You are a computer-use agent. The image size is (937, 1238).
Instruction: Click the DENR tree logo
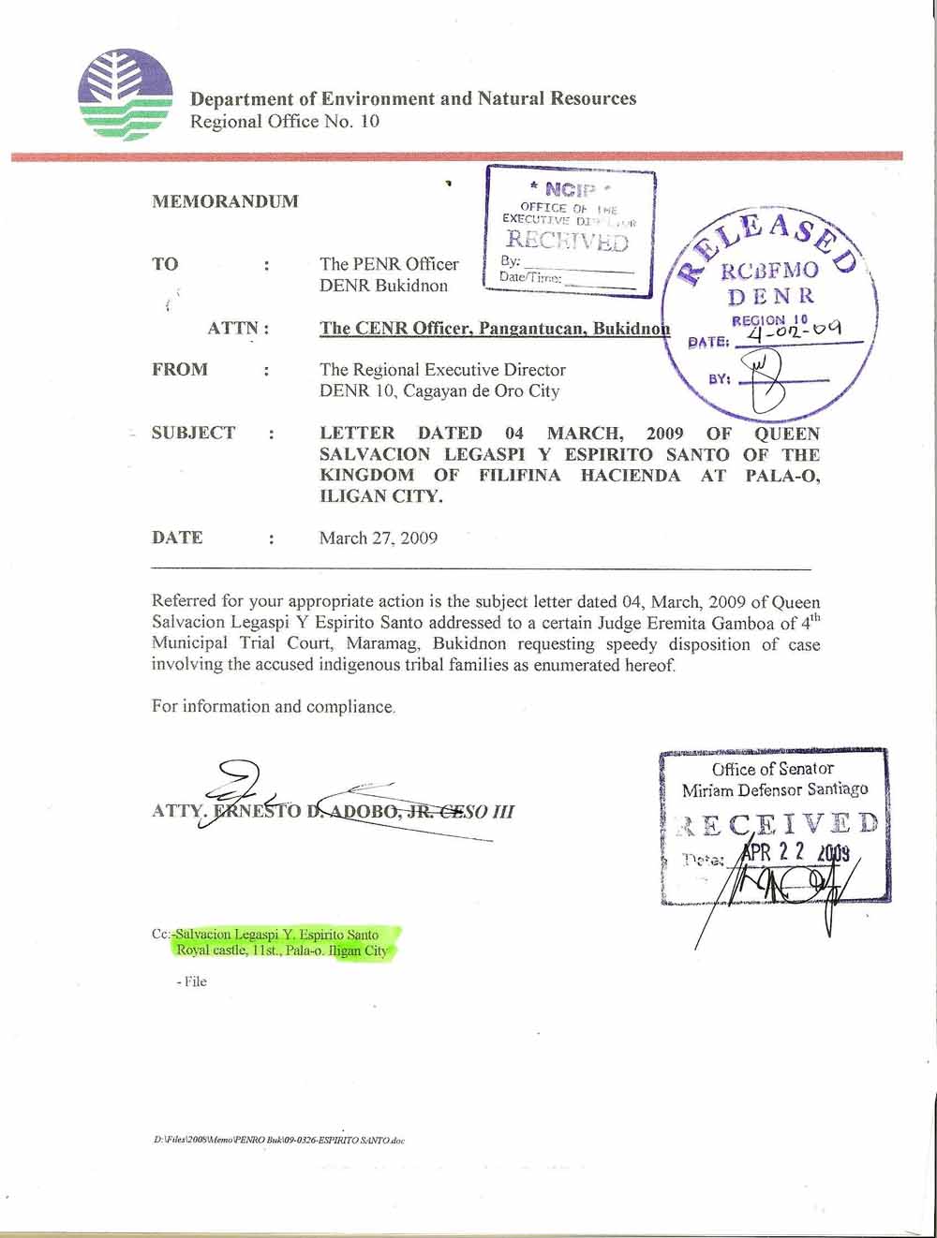click(126, 95)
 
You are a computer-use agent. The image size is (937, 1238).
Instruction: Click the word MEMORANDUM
click(225, 201)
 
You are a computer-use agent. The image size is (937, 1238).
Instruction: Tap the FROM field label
click(180, 369)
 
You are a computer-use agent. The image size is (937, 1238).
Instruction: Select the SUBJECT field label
click(193, 433)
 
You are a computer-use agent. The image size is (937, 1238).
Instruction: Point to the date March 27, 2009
click(378, 538)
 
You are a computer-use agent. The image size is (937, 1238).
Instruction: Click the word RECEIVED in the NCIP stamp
click(567, 241)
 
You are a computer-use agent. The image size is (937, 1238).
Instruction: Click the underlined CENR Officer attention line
click(495, 329)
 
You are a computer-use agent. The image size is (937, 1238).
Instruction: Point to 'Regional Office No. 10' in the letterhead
click(285, 122)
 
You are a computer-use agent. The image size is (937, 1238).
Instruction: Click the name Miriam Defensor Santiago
click(775, 789)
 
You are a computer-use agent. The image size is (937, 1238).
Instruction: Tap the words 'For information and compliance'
click(273, 706)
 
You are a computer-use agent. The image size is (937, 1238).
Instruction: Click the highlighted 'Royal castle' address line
click(282, 951)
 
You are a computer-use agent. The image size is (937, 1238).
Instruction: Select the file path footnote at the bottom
click(279, 1141)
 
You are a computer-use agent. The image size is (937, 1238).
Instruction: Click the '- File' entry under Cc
click(191, 981)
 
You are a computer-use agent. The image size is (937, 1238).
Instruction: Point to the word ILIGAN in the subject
click(351, 496)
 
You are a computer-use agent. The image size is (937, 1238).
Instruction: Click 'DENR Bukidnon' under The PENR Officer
click(383, 286)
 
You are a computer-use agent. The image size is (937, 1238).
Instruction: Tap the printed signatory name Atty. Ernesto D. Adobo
click(333, 811)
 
